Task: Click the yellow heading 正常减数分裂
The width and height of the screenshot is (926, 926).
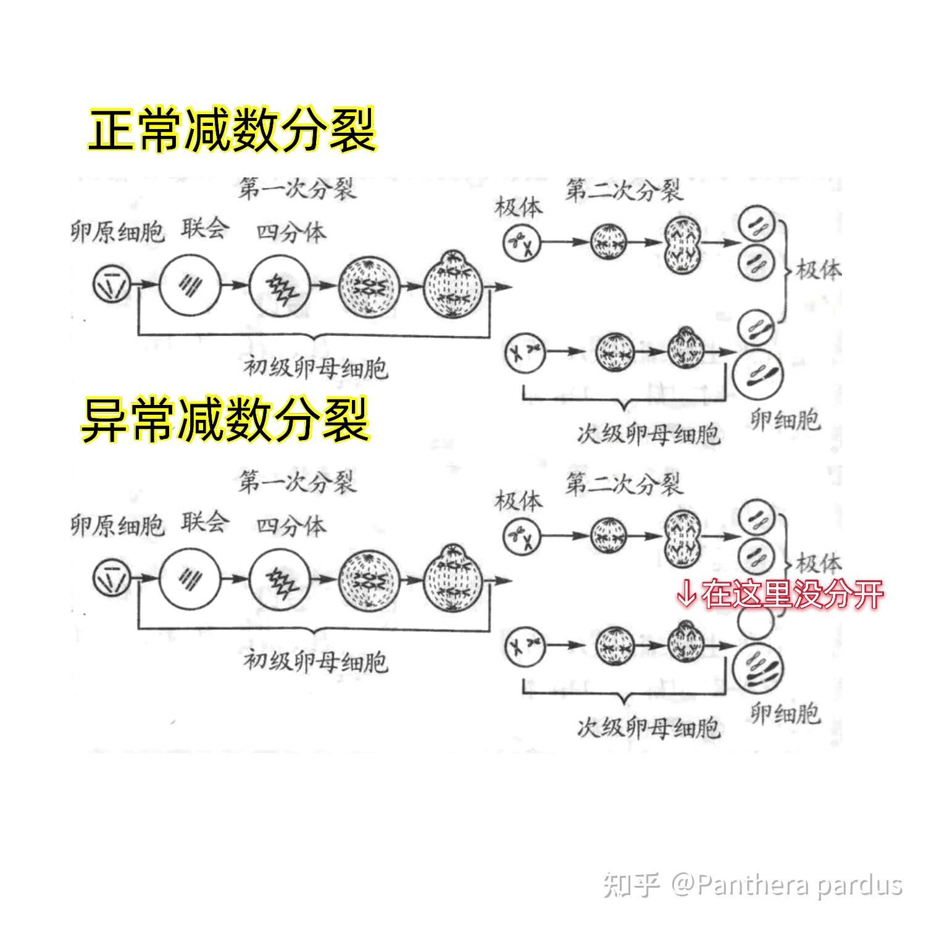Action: click(232, 130)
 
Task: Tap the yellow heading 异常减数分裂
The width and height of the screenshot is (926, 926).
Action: click(226, 420)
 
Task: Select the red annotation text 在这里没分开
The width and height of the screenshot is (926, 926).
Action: click(793, 593)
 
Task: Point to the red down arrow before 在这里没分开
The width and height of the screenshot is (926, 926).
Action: click(686, 594)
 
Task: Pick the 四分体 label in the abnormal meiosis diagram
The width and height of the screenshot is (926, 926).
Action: click(291, 526)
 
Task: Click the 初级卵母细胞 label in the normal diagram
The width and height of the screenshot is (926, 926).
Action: click(315, 369)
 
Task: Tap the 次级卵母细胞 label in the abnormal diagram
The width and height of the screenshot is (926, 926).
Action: click(649, 728)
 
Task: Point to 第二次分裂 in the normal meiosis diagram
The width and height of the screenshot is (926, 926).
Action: click(624, 191)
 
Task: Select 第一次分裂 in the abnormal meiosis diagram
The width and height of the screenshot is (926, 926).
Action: click(298, 482)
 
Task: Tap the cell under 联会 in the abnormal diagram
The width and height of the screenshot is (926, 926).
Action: click(189, 579)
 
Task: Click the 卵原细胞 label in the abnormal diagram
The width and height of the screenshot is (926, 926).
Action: click(117, 526)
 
